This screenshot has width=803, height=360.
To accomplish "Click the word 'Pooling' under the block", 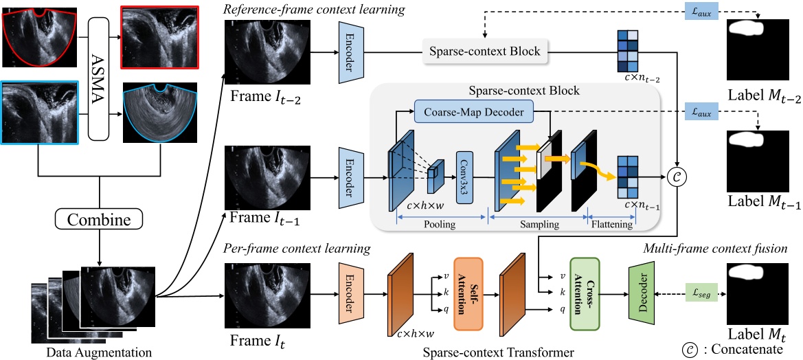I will point(441,225).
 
